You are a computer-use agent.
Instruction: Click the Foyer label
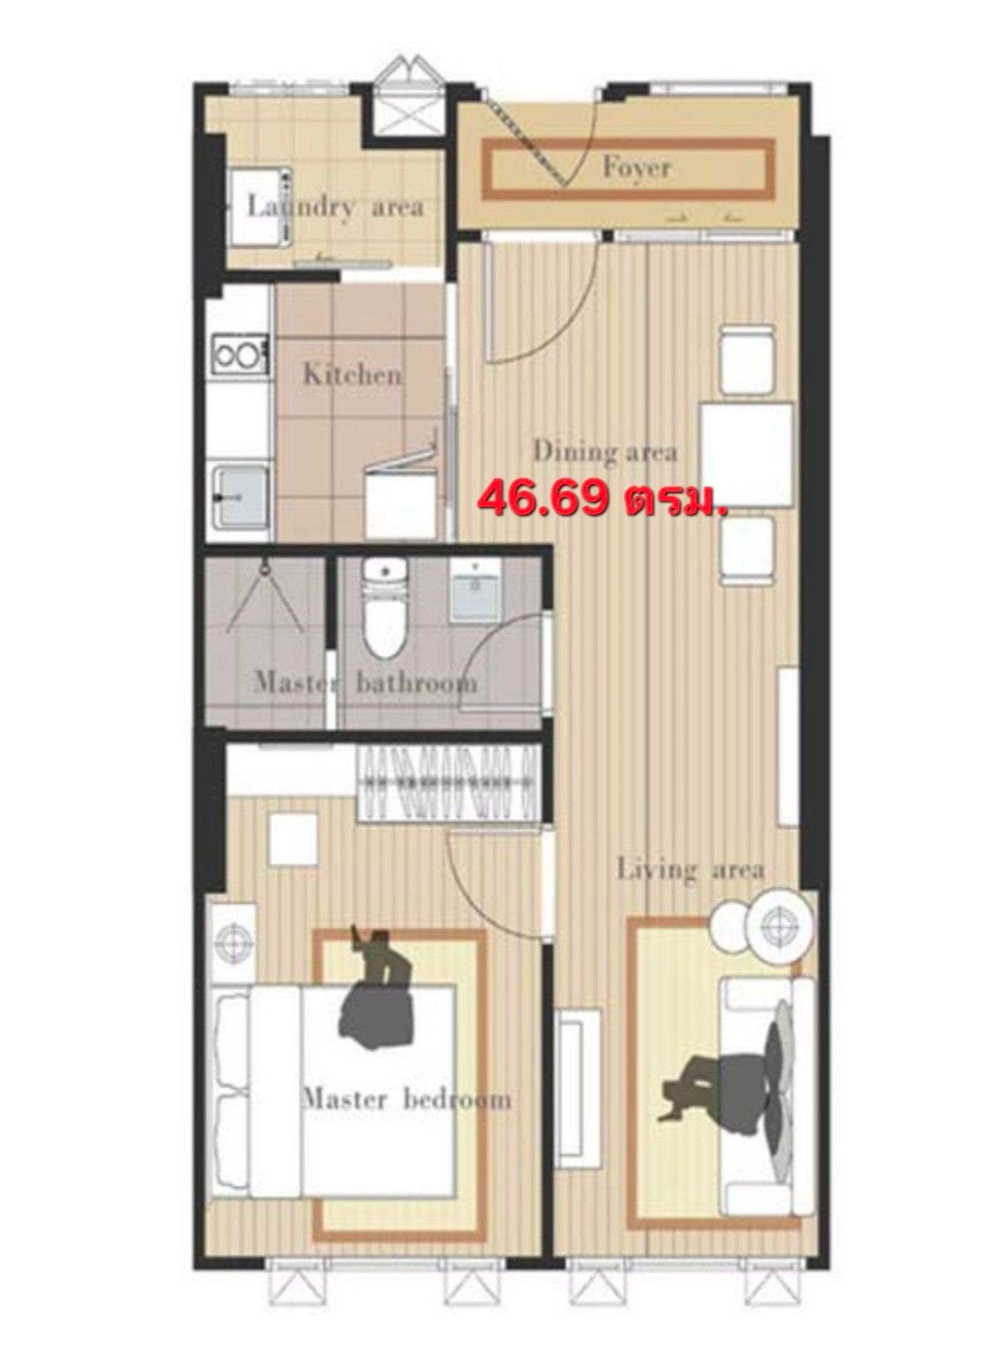tap(637, 168)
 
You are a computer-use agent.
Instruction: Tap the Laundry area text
tap(335, 207)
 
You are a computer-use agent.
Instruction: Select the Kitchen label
tap(352, 374)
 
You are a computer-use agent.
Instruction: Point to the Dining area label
tap(605, 452)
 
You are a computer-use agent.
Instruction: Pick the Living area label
tap(691, 870)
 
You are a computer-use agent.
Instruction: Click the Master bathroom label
tap(365, 683)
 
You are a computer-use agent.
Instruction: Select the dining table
tap(747, 455)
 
